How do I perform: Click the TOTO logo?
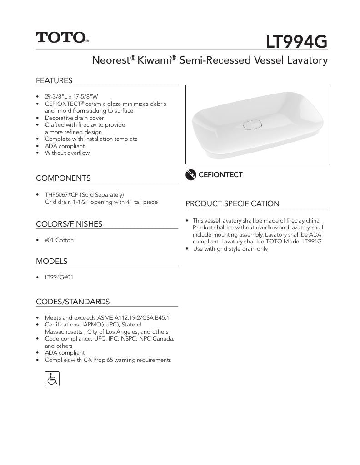coord(62,37)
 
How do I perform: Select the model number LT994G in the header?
coord(296,42)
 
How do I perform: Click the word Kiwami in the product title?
coord(154,60)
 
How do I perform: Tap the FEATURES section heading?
coord(54,81)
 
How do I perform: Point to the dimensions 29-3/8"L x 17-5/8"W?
coord(71,97)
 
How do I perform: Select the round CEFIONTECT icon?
coord(191,175)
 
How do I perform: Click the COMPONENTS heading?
coord(63,178)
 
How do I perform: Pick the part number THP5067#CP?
coord(61,195)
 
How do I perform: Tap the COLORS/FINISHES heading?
coord(69,224)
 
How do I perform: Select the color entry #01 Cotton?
coord(59,240)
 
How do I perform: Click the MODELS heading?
coord(51,261)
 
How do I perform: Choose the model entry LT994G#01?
coord(59,277)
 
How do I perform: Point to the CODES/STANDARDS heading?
coord(73,302)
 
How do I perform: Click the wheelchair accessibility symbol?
coord(52,378)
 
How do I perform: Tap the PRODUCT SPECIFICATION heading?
coord(232,204)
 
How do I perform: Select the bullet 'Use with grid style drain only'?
coord(230,249)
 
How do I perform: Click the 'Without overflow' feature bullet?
coord(67,153)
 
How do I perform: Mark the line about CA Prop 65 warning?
coord(108,360)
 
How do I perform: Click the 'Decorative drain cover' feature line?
coord(74,118)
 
